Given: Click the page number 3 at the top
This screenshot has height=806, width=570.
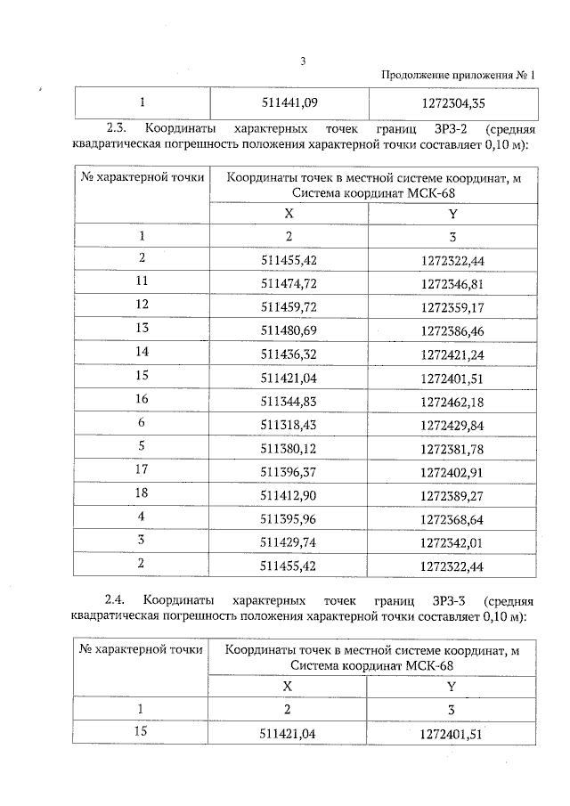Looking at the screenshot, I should pos(303,61).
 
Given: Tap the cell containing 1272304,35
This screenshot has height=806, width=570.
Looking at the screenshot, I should pos(452,102).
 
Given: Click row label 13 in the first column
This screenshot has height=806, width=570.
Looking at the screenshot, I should pos(142,329).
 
